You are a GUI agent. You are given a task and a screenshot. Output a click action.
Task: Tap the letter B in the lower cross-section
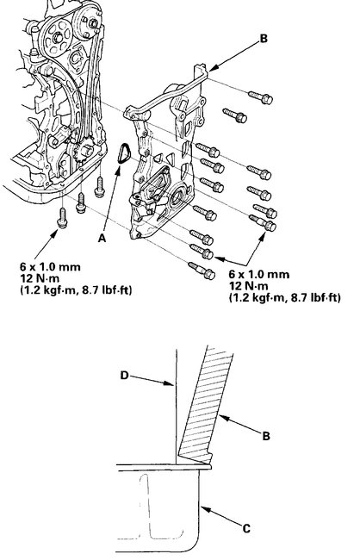[267, 437]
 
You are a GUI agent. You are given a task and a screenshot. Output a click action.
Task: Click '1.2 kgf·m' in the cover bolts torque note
[258, 298]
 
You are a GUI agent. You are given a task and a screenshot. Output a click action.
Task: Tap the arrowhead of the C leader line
[205, 507]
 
